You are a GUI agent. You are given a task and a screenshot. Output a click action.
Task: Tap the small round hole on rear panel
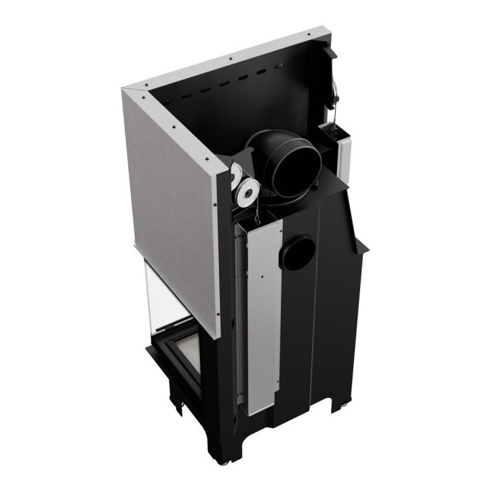[298, 252]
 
